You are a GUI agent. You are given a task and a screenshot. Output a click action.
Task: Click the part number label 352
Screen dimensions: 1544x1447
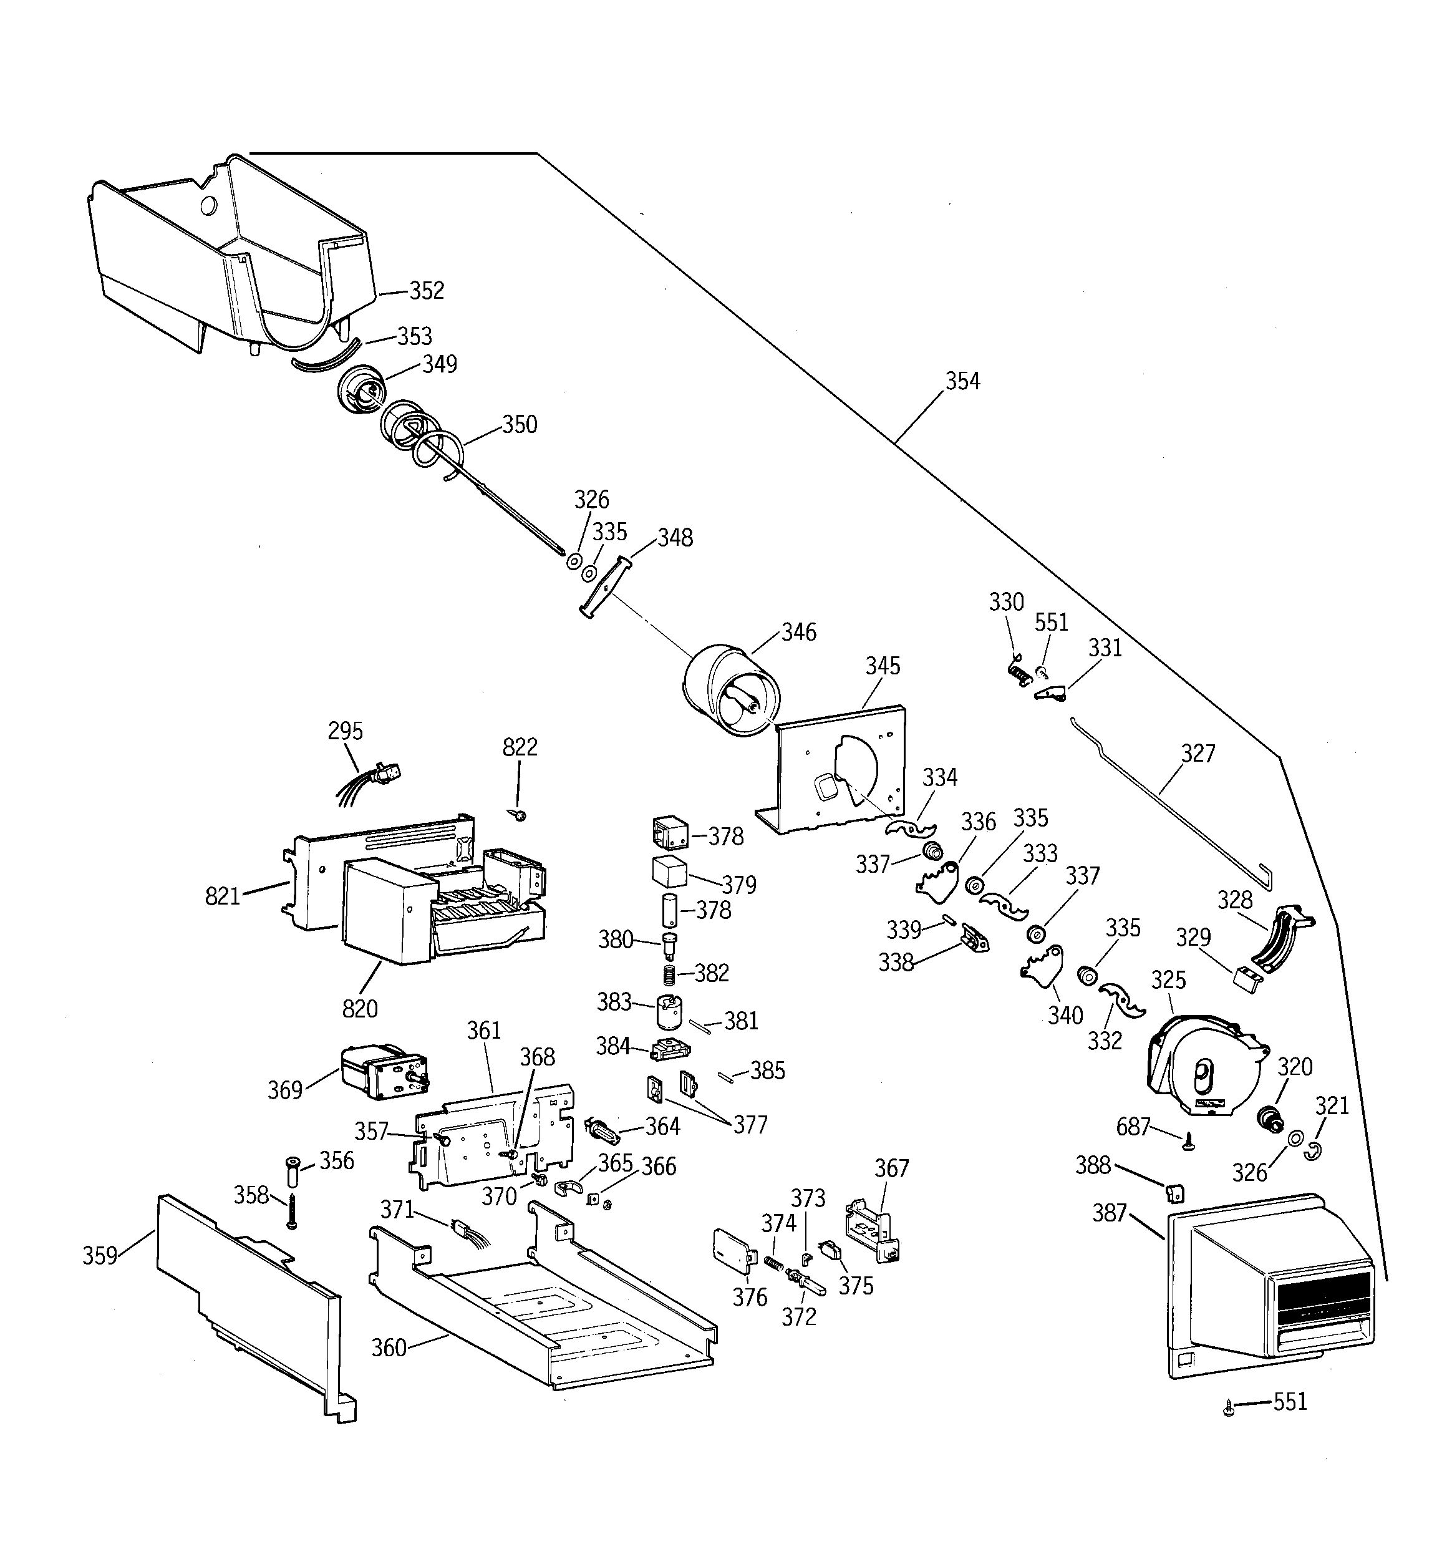427,291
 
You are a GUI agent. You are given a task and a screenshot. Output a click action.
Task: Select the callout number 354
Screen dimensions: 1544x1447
962,381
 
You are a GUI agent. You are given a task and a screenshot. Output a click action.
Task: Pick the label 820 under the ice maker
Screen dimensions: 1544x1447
360,1009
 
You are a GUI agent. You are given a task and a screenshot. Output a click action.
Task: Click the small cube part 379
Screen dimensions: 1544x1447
669,872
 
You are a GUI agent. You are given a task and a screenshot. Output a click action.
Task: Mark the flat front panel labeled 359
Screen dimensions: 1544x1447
248,1305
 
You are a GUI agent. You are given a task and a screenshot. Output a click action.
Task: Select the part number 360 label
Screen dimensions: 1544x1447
389,1347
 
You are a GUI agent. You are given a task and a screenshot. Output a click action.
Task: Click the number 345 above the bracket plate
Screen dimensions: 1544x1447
883,666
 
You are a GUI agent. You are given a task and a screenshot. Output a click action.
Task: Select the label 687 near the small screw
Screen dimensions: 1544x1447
1133,1126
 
